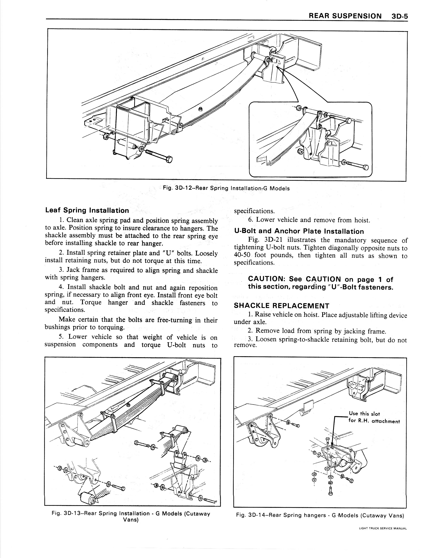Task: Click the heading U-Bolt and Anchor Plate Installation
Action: coord(299,231)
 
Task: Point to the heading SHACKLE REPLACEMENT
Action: coord(282,306)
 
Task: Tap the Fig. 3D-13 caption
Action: coord(131,514)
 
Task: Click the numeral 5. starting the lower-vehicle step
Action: coord(61,337)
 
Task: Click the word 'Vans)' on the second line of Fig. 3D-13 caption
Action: coord(131,520)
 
